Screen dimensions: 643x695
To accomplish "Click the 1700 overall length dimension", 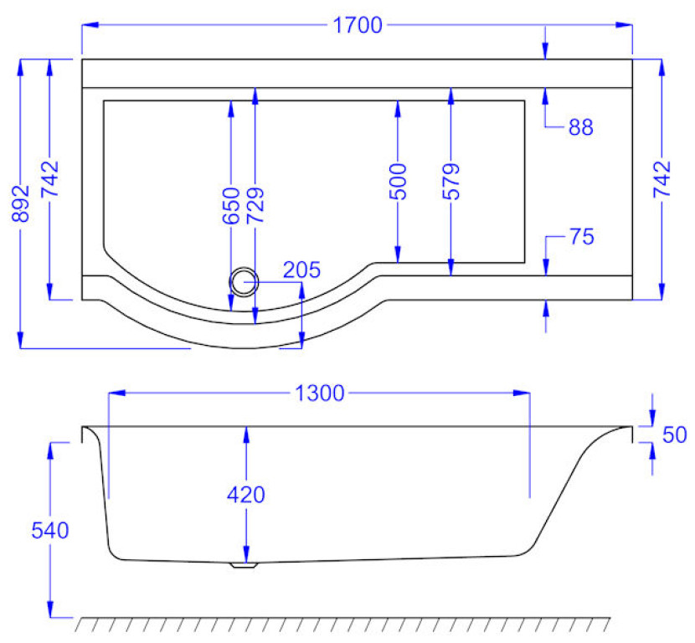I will point(358,25).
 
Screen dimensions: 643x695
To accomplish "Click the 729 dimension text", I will point(255,206).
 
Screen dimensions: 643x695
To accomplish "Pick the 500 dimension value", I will point(398,182).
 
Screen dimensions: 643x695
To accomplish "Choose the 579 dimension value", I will point(450,182).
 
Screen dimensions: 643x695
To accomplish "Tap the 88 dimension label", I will point(580,128).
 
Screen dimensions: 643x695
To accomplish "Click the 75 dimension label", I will point(581,237).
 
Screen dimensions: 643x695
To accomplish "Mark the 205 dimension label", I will point(301,270).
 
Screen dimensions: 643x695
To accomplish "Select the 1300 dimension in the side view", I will point(319,394).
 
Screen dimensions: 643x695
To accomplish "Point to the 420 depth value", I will point(246,495).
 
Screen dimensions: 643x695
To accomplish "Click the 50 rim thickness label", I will point(674,435).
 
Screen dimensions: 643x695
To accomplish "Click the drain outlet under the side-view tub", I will point(245,565).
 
